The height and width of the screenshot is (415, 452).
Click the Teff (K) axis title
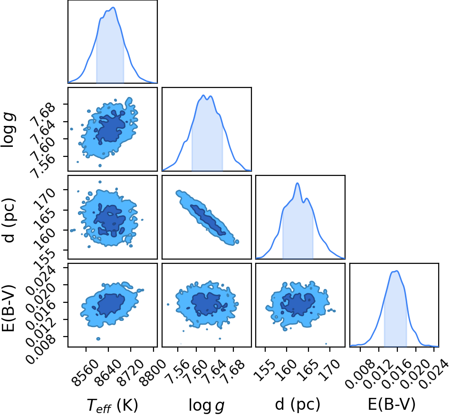click(113, 405)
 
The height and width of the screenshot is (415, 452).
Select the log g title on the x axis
click(206, 405)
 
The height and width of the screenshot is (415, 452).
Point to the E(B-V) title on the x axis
click(392, 404)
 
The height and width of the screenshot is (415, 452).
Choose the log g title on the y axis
click(9, 130)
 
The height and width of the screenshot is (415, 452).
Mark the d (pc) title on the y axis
click(9, 220)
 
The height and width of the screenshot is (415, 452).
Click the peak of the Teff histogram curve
click(113, 8)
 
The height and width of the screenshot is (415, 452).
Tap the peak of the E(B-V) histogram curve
click(397, 271)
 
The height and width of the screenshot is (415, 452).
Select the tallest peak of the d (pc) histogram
click(298, 183)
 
